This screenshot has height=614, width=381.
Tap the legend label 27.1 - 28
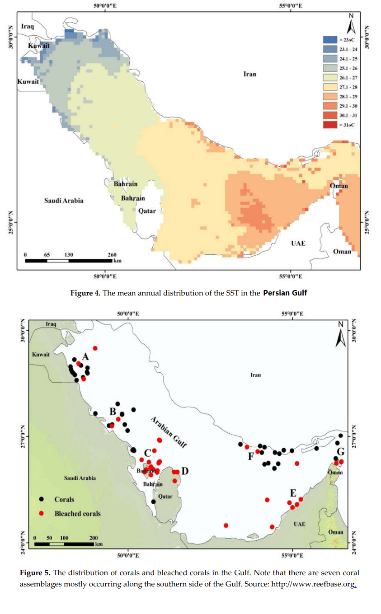pyautogui.click(x=348, y=87)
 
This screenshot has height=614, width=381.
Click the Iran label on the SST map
pyautogui.click(x=249, y=74)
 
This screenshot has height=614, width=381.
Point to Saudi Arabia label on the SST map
pyautogui.click(x=63, y=201)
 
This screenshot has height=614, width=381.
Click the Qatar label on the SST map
pyautogui.click(x=147, y=211)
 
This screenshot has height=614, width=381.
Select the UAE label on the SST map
pyautogui.click(x=298, y=243)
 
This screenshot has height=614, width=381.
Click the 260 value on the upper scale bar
pyautogui.click(x=112, y=255)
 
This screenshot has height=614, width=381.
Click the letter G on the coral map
pyautogui.click(x=341, y=451)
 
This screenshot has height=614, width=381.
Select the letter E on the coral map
pyautogui.click(x=293, y=492)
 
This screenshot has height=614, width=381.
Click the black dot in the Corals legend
pyautogui.click(x=42, y=499)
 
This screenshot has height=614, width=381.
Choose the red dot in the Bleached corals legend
pyautogui.click(x=42, y=513)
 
